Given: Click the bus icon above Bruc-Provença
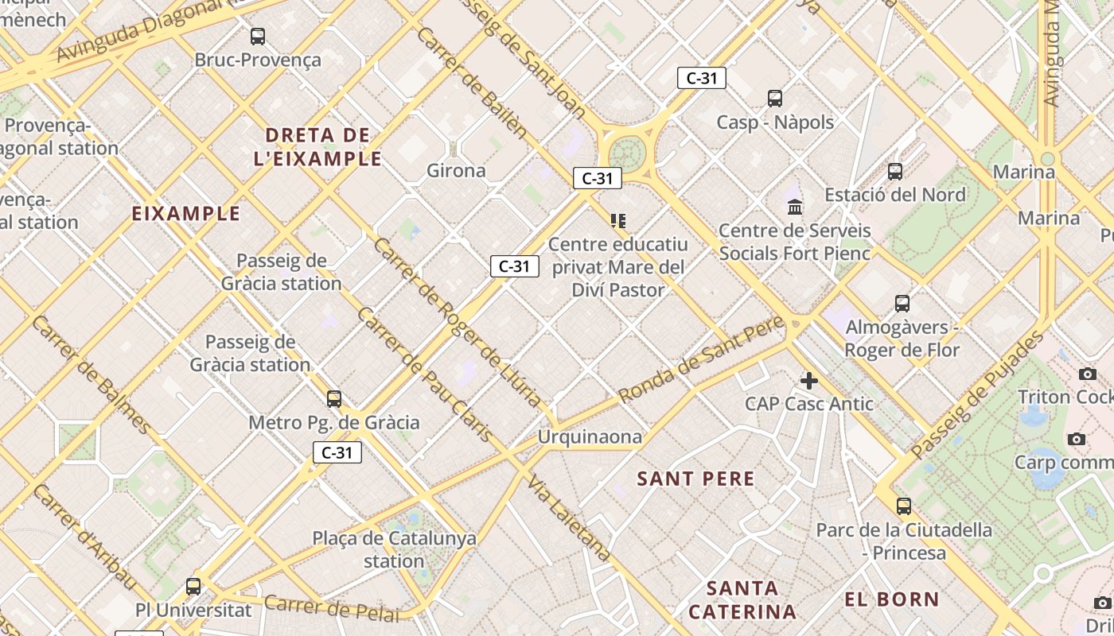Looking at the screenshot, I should (x=258, y=36).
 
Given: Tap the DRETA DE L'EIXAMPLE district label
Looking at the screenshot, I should (x=317, y=146).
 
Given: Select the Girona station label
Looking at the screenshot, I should (x=456, y=170).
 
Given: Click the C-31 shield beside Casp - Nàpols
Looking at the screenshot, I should (x=701, y=78).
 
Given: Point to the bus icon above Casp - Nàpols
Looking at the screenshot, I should (x=775, y=99).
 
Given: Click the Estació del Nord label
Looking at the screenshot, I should (x=895, y=195).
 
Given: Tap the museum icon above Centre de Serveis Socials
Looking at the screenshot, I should (x=794, y=207).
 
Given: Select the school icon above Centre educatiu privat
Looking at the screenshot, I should (x=618, y=220).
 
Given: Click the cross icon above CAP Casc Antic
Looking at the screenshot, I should (x=809, y=381).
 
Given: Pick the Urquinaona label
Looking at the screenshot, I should (x=590, y=436).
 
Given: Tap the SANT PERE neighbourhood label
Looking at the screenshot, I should (x=695, y=479).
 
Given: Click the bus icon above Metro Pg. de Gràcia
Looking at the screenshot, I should (x=334, y=399).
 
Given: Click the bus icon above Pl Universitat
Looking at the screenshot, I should (x=193, y=587).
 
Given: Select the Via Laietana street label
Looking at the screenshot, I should (x=570, y=520).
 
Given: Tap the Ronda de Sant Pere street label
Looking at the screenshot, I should (x=702, y=360).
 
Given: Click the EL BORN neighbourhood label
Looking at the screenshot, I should (x=892, y=599).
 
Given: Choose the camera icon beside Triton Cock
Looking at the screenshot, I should (x=1087, y=374).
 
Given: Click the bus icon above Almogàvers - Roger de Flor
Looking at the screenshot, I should (x=902, y=304).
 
